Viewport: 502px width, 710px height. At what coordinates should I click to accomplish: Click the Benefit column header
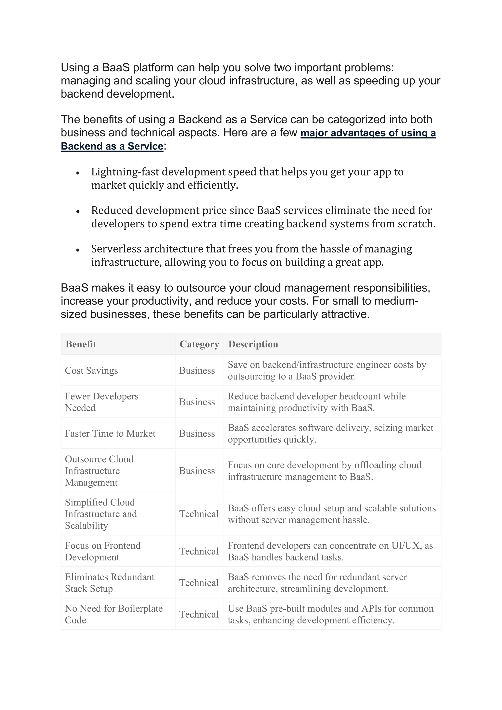tap(81, 344)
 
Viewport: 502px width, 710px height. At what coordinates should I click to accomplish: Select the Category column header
tap(199, 344)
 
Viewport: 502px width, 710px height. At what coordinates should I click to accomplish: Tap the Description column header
tap(253, 344)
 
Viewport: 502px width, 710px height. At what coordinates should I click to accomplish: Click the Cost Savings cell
tap(91, 370)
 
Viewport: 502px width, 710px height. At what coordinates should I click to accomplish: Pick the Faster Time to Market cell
tap(110, 433)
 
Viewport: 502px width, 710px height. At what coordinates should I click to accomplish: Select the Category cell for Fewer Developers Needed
tap(197, 402)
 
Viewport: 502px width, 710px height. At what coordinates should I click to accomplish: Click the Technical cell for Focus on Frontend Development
tap(199, 551)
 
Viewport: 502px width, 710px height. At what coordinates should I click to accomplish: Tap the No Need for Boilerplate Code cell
tap(113, 614)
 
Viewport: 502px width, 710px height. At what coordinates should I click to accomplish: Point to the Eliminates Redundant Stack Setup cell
tap(109, 583)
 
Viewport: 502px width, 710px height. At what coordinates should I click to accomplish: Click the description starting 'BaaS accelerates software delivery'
tap(330, 433)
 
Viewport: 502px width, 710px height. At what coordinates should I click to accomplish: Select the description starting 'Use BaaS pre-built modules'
tap(330, 614)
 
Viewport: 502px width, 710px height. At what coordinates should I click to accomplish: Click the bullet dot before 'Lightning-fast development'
tap(78, 173)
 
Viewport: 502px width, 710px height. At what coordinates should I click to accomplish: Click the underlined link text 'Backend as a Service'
tap(112, 146)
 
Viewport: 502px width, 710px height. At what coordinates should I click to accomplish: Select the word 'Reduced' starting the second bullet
tap(112, 211)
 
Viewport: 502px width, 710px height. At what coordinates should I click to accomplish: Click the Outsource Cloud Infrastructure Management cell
tap(99, 471)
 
